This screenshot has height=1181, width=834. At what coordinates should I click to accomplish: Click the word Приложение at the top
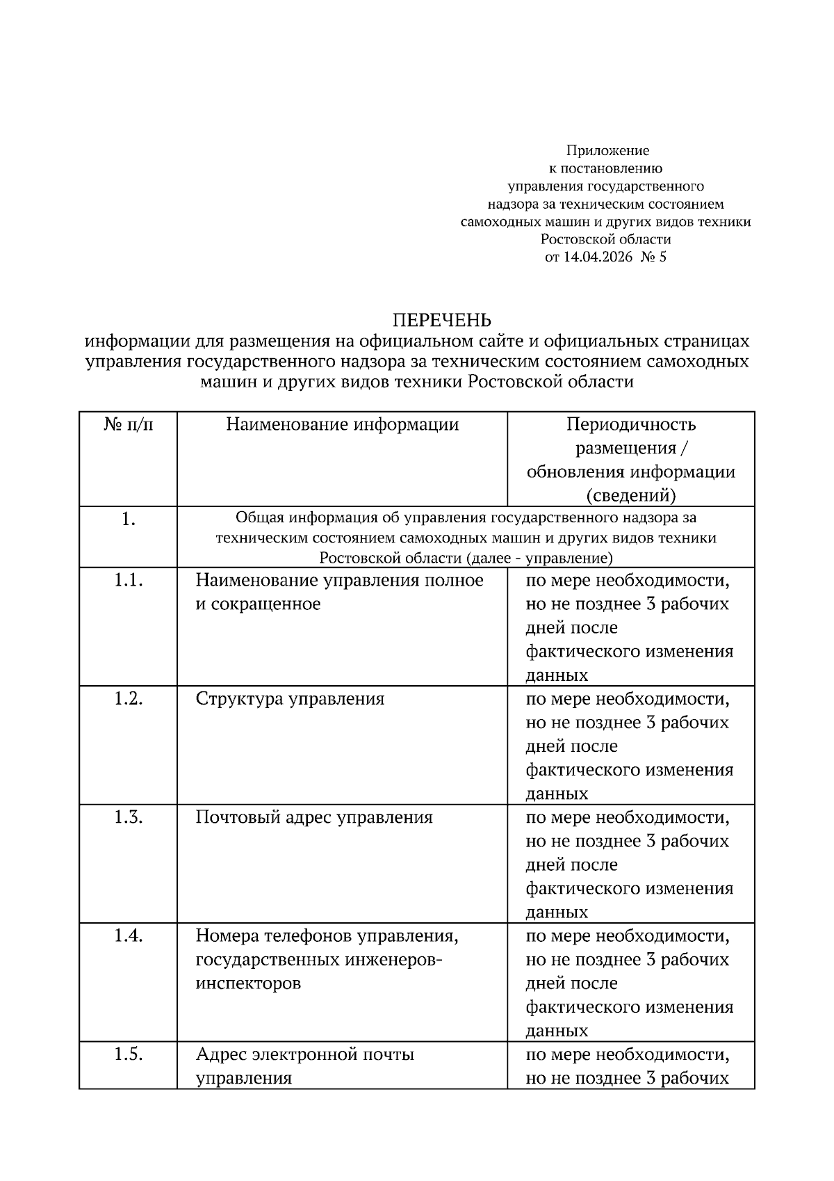point(607,150)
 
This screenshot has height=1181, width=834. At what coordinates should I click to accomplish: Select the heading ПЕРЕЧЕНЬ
point(442,320)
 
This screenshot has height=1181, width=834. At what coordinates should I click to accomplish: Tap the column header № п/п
point(129,425)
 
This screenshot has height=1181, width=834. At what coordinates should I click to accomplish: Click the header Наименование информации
point(343,425)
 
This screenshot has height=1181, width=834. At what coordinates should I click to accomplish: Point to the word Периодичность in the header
point(630,425)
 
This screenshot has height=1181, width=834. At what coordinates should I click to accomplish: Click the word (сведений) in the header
point(630,495)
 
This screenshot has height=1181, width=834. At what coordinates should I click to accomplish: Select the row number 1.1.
point(129,580)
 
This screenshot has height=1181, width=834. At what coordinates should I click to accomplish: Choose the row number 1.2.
point(129,698)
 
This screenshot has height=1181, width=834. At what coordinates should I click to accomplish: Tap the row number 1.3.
point(129,817)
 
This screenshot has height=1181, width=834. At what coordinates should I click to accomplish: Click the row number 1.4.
point(129,935)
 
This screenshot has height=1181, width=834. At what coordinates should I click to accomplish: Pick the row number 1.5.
point(129,1054)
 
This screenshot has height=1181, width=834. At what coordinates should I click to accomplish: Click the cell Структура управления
point(290,698)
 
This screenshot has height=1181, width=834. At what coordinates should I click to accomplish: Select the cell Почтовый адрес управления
point(314,817)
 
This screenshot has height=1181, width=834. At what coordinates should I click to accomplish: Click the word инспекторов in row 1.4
point(248,983)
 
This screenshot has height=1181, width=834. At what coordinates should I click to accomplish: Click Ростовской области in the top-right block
point(606,239)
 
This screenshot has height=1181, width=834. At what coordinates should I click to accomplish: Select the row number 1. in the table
point(129,520)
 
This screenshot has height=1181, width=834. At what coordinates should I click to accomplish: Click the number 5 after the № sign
point(662,257)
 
